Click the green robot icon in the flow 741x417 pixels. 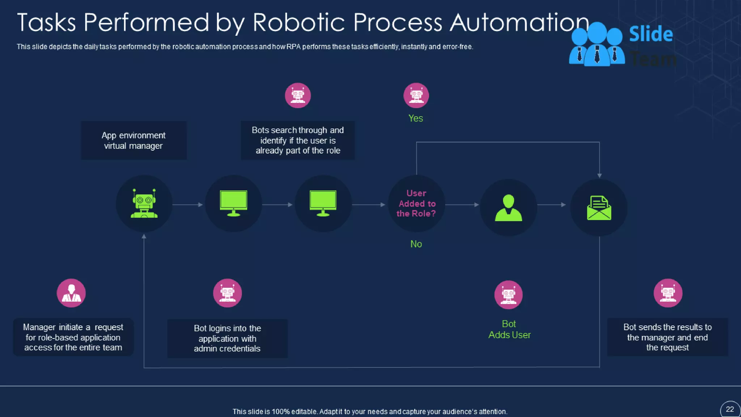tap(144, 203)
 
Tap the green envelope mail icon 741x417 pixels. tap(599, 208)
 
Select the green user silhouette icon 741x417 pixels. tap(508, 208)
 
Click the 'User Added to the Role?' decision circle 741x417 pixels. tap(416, 203)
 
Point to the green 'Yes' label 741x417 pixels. tap(415, 118)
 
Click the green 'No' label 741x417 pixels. tap(416, 244)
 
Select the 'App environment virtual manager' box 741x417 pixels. tap(134, 140)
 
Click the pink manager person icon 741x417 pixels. tap(71, 293)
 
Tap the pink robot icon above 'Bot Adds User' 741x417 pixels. tap(508, 295)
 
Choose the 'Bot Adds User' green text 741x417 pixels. tap(509, 329)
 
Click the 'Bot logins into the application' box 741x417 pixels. tap(227, 338)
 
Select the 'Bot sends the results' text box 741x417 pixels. tap(667, 337)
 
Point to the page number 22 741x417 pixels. tap(730, 409)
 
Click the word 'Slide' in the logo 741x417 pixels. tap(651, 34)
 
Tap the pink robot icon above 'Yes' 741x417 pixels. tap(416, 96)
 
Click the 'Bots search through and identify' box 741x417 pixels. tap(297, 140)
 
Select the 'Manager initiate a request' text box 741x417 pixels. tap(73, 337)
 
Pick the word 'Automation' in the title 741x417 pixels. tap(520, 22)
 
